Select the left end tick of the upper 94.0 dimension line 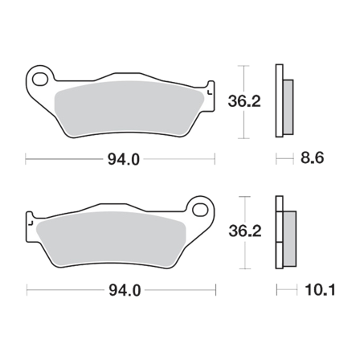(x=27, y=159)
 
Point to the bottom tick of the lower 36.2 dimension (x=245, y=268)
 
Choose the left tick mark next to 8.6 (x=276, y=159)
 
